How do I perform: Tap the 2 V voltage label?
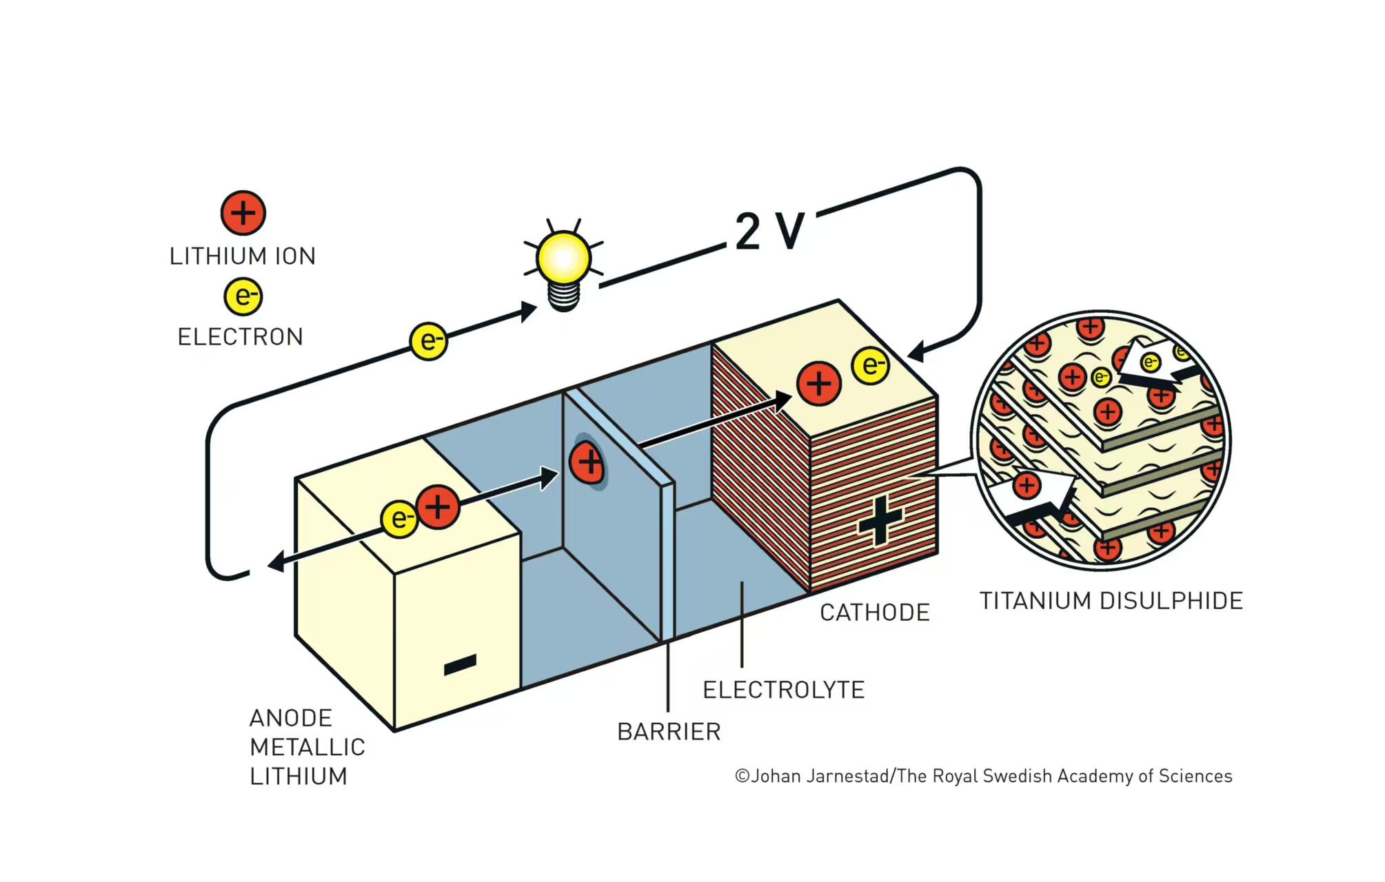pyautogui.click(x=769, y=231)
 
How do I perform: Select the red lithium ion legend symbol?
pyautogui.click(x=243, y=213)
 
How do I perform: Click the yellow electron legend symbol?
pyautogui.click(x=243, y=296)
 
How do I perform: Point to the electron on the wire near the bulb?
pyautogui.click(x=429, y=341)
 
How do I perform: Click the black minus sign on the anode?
pyautogui.click(x=460, y=665)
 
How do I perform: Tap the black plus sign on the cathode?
pyautogui.click(x=880, y=521)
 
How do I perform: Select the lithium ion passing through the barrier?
pyautogui.click(x=588, y=462)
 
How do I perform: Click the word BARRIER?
pyautogui.click(x=669, y=732)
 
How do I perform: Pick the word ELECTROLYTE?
pyautogui.click(x=783, y=690)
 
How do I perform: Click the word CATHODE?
pyautogui.click(x=874, y=613)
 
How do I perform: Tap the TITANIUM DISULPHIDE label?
pyautogui.click(x=1111, y=601)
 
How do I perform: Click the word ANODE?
pyautogui.click(x=290, y=718)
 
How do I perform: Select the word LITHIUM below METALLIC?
pyautogui.click(x=299, y=777)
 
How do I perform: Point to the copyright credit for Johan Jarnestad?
pyautogui.click(x=983, y=777)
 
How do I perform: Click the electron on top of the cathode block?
pyautogui.click(x=871, y=365)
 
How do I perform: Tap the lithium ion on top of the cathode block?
pyautogui.click(x=819, y=384)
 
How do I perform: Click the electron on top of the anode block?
pyautogui.click(x=399, y=518)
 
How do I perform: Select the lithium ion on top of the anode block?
pyautogui.click(x=438, y=507)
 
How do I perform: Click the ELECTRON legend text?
pyautogui.click(x=240, y=337)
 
